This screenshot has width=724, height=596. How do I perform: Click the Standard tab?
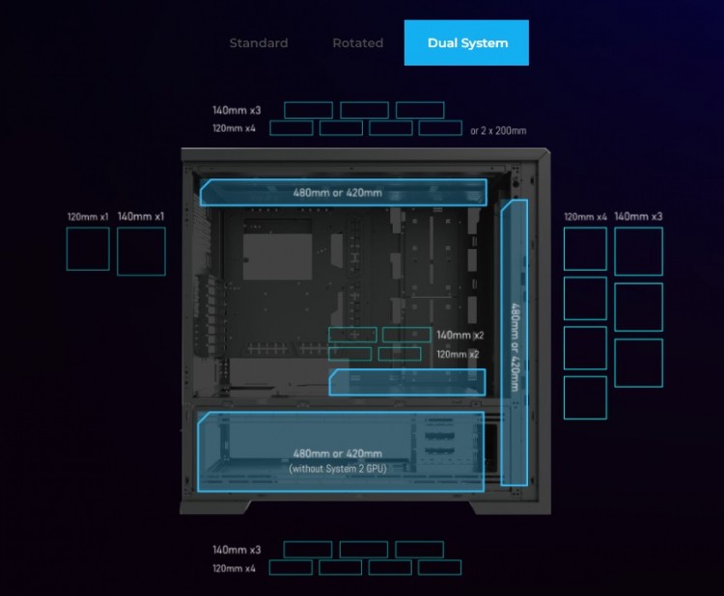(x=259, y=42)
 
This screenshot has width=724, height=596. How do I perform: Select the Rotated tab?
(x=358, y=42)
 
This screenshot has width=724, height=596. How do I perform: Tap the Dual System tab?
(x=466, y=42)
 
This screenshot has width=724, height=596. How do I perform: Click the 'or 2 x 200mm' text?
(x=498, y=130)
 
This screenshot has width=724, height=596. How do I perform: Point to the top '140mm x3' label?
(x=237, y=110)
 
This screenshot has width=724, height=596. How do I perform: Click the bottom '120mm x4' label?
(x=234, y=568)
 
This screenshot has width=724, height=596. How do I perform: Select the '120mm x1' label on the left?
(x=88, y=216)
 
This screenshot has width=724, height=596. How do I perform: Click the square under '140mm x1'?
(x=141, y=252)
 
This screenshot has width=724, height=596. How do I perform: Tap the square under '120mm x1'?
(x=88, y=249)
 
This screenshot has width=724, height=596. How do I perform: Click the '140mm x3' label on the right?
(x=638, y=216)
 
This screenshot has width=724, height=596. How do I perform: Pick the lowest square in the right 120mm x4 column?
(x=586, y=397)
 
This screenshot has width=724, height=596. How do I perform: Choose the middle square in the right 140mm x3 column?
(x=639, y=308)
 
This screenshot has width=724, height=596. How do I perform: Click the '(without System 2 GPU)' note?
(x=338, y=469)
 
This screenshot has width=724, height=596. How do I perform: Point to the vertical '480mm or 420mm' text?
(x=515, y=347)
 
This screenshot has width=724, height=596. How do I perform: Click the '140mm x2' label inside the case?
(x=459, y=335)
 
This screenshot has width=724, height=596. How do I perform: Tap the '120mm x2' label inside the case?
(x=458, y=354)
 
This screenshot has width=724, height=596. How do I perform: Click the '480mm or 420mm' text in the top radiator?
(x=338, y=192)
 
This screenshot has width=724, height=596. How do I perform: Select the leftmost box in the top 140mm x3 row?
(x=309, y=110)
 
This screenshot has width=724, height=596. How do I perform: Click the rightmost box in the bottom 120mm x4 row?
(x=439, y=567)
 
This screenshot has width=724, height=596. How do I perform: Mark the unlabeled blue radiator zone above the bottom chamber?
(x=407, y=383)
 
